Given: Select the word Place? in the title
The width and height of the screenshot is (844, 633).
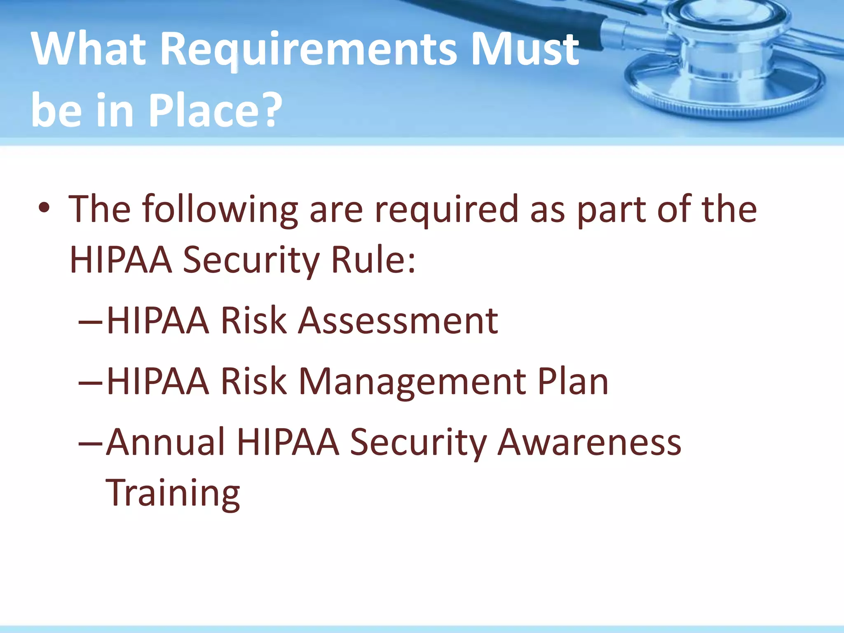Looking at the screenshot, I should pos(215,110).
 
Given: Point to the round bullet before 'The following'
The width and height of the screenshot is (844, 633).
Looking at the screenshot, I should pos(44,208).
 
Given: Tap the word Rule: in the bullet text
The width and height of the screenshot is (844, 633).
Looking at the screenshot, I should pos(373,260).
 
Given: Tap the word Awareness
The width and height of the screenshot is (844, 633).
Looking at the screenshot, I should pos(589,443).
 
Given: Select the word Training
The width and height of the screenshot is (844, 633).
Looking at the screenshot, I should pos(173,494).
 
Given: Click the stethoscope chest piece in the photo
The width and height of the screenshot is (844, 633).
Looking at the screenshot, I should pos(725,58).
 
